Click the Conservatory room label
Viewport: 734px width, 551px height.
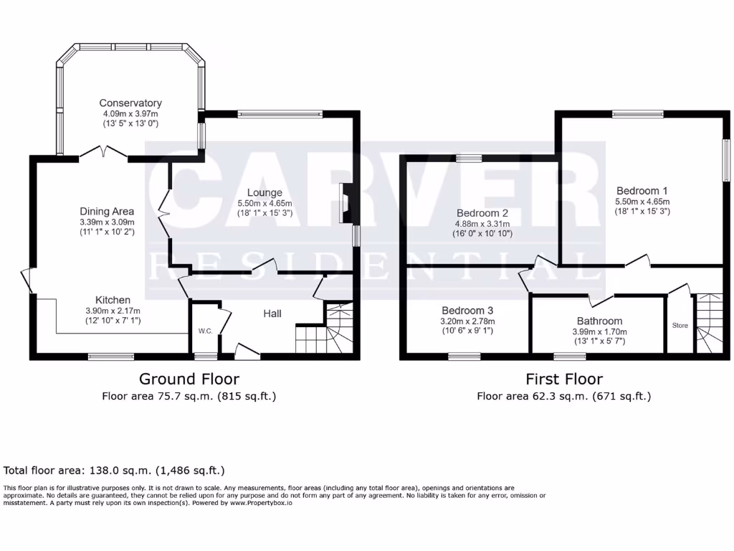click(x=130, y=103)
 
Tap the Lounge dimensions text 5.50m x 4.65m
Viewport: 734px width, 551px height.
click(x=264, y=203)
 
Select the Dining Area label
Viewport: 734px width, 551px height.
click(x=107, y=212)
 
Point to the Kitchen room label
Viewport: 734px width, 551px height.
click(x=113, y=300)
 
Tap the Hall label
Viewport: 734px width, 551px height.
click(x=272, y=314)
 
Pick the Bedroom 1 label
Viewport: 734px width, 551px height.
click(x=642, y=191)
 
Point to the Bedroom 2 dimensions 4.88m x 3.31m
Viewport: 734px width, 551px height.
click(x=484, y=224)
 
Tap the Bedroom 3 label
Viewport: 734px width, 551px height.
click(x=467, y=311)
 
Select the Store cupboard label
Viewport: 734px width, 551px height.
click(x=680, y=326)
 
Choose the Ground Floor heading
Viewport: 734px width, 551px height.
click(x=189, y=379)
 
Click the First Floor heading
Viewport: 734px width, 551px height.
click(x=564, y=379)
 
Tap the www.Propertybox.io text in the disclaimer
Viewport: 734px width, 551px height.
click(x=260, y=503)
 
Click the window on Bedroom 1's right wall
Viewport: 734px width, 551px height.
click(x=725, y=161)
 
